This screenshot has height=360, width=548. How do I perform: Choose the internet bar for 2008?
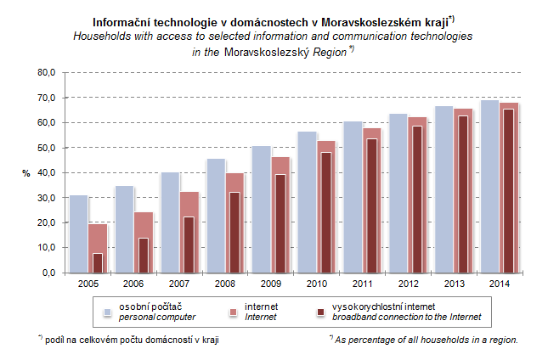coord(233,222)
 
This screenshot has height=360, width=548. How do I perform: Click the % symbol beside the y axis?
coord(25,173)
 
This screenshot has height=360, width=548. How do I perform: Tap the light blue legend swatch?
coord(107,312)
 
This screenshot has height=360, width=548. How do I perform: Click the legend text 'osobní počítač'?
coord(149,306)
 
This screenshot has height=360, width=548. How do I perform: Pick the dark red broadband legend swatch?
coord(320,312)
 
